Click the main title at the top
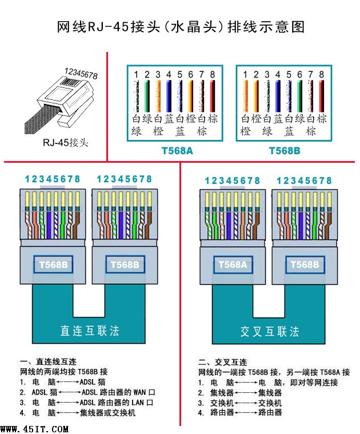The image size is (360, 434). pos(180,27)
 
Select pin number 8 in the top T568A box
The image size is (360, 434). pos(212,74)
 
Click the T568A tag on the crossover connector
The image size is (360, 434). pos(231,264)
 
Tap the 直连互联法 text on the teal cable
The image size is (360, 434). pos(90,331)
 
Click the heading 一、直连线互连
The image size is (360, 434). pos(49,362)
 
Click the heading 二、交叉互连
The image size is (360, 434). pos(223,362)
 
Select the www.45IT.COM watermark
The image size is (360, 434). pos(34,428)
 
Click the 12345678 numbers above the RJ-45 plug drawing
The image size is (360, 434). pos(81,74)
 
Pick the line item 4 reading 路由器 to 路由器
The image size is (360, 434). pos(240,412)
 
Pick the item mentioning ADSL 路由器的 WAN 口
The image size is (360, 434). pos(86,392)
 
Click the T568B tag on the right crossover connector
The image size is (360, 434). pos(305,264)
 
